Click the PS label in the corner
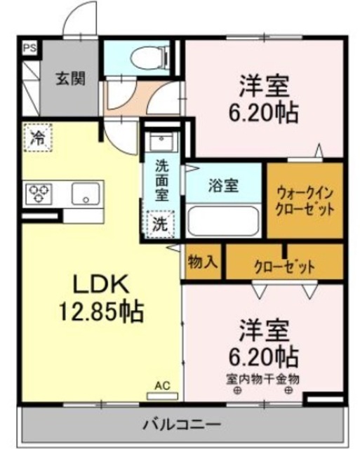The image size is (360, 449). pos(29,48)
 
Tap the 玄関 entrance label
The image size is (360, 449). pos(71,79)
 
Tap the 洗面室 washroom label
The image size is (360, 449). pos(161,181)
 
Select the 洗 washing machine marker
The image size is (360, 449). pos(161,224)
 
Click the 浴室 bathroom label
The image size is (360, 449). pos(224,186)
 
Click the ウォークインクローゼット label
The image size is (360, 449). pos(304,201)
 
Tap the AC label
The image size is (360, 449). pos(162,385)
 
